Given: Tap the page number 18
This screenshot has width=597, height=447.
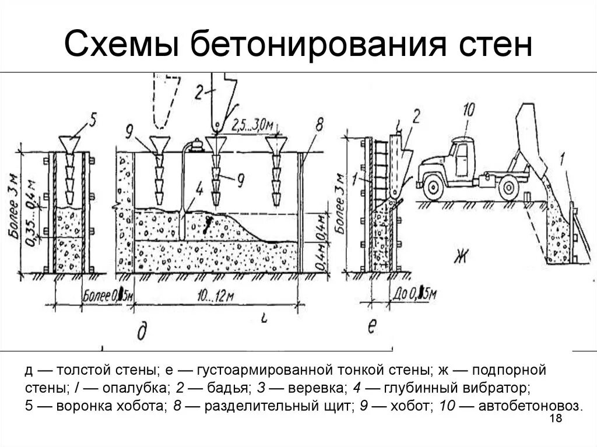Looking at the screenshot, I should pos(555,420).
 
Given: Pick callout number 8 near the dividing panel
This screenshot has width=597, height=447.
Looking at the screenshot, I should pos(318,125).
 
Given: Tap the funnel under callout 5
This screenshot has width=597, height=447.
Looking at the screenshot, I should pos(69,143).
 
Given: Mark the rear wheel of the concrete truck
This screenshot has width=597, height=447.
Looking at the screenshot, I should pos(509,187).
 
